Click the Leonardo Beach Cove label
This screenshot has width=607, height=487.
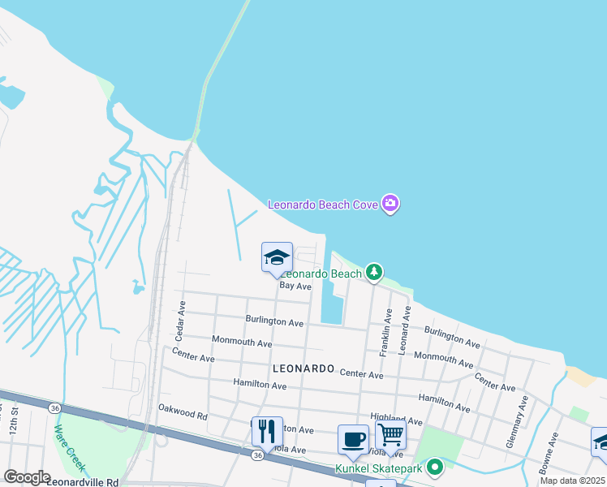(x=323, y=205)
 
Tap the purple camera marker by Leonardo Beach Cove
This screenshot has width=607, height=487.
(x=390, y=204)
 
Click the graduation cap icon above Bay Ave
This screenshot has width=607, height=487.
(x=277, y=257)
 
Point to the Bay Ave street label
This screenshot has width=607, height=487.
(x=295, y=286)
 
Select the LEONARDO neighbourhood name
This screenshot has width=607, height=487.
(x=304, y=368)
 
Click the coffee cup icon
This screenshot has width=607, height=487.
(x=353, y=439)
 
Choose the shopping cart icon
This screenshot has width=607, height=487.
(x=390, y=435)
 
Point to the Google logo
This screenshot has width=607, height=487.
(x=26, y=477)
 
